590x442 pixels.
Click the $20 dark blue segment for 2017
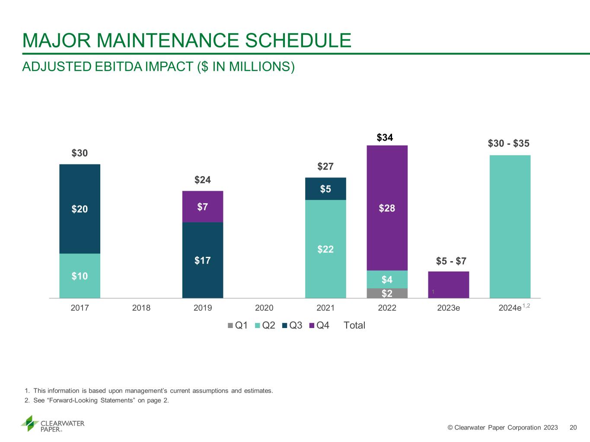(x=80, y=209)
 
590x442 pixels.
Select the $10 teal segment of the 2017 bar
(x=80, y=276)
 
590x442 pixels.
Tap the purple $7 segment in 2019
(x=203, y=207)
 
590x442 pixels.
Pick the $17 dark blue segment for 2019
(x=203, y=260)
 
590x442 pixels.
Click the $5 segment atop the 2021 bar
(x=325, y=189)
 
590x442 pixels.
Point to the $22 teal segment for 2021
(x=325, y=249)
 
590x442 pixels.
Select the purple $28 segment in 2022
(x=387, y=208)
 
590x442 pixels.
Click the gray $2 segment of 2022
(x=387, y=294)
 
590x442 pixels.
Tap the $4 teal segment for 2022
(x=387, y=279)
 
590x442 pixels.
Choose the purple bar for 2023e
(x=449, y=285)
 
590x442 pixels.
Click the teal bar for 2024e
(x=510, y=227)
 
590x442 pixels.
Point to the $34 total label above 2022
(x=385, y=137)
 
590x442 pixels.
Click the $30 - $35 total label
(x=509, y=143)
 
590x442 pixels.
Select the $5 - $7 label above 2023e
(x=451, y=261)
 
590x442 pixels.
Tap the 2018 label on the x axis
(x=141, y=308)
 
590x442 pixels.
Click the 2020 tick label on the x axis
(x=264, y=308)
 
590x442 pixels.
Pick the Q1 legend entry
(x=238, y=325)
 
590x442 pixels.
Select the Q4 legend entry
(x=319, y=325)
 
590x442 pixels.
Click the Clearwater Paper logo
(x=53, y=423)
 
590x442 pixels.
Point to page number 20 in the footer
(x=573, y=427)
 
